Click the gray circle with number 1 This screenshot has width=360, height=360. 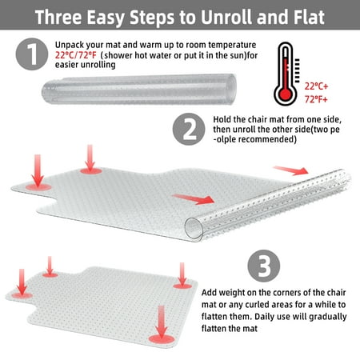point(32,54)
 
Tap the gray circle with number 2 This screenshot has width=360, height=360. point(189,129)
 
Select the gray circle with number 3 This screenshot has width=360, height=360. point(264,266)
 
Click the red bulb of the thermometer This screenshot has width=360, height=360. point(286,94)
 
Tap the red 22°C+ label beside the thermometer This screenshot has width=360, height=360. point(316,86)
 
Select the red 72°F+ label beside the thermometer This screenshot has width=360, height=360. point(316,99)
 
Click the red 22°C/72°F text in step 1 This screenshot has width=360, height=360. point(75,55)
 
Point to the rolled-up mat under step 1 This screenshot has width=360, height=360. point(139,90)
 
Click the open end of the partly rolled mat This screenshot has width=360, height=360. point(194,229)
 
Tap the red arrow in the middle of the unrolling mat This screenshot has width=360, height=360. point(194,199)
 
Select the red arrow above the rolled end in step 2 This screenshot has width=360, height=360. point(290,170)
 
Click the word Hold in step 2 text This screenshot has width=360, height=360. point(222,119)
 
